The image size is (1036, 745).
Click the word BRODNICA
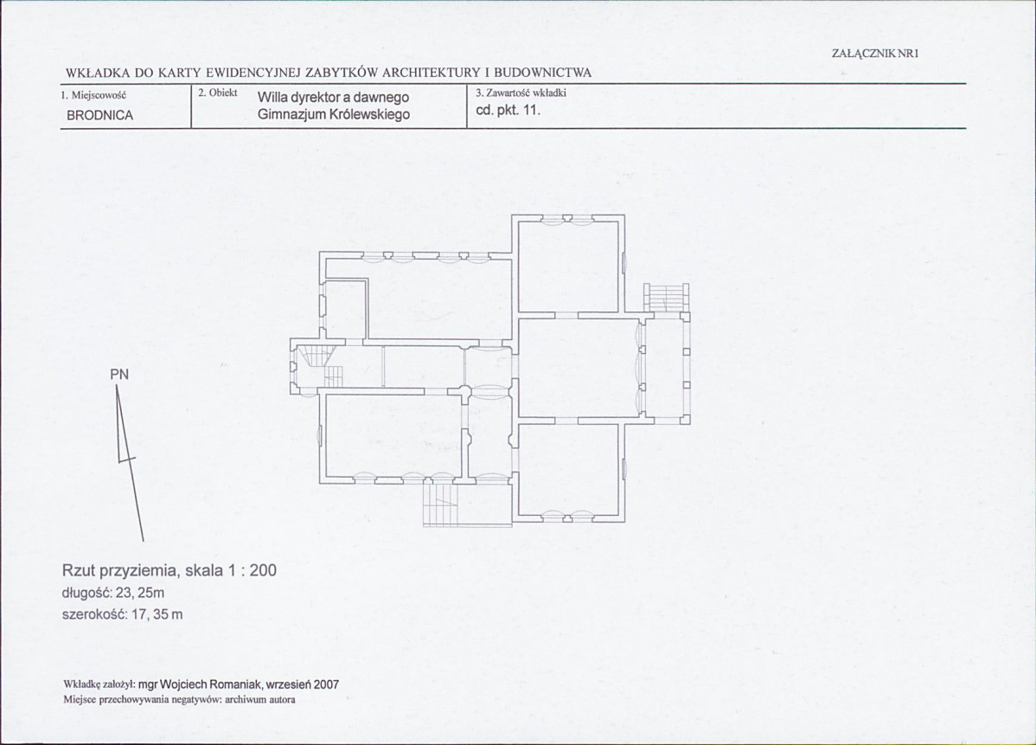[99, 116]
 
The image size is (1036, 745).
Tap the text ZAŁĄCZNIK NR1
[875, 55]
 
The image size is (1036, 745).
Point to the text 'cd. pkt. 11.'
[508, 111]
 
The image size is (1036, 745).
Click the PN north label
[119, 375]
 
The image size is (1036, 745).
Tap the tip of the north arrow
[116, 386]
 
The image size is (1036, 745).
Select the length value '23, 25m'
[140, 593]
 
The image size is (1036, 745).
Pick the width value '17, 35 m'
[157, 614]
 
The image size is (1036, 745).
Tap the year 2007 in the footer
[326, 684]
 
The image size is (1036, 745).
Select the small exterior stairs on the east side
[668, 298]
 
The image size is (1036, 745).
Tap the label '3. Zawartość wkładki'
[521, 93]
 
